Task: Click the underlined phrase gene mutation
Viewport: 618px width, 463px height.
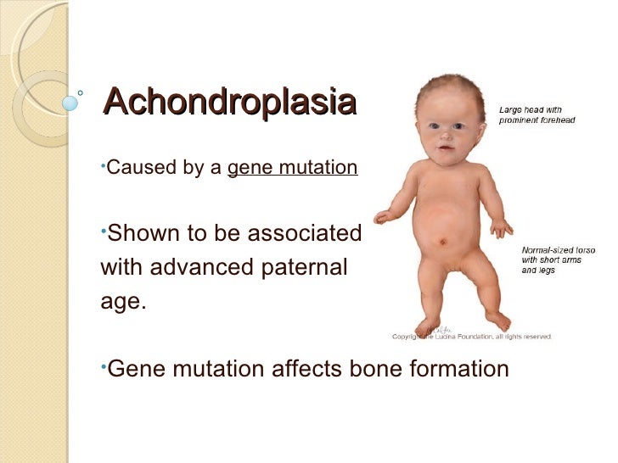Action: point(292,168)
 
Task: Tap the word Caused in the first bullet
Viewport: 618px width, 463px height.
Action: point(133,168)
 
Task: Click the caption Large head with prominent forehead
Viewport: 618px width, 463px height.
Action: point(536,114)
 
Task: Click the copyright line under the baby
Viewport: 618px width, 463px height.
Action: point(472,336)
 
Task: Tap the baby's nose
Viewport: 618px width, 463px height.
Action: point(445,141)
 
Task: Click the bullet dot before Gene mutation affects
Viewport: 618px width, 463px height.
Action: point(104,365)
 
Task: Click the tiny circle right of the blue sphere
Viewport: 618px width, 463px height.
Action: point(81,93)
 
